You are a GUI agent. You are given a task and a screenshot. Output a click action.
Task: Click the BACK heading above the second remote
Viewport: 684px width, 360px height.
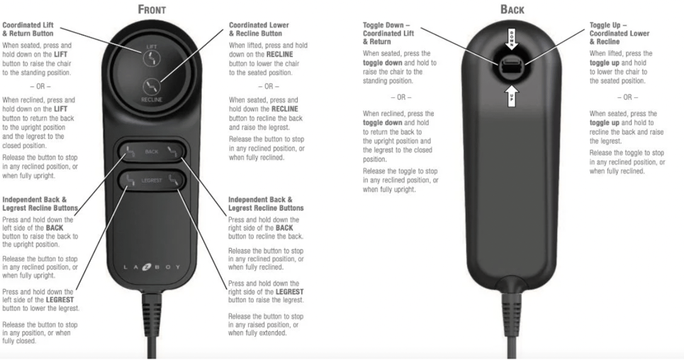[512, 9]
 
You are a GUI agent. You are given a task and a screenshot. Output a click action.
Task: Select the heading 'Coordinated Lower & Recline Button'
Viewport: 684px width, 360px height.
[259, 29]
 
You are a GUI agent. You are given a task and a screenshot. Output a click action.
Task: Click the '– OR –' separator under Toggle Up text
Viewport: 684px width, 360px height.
[627, 97]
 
